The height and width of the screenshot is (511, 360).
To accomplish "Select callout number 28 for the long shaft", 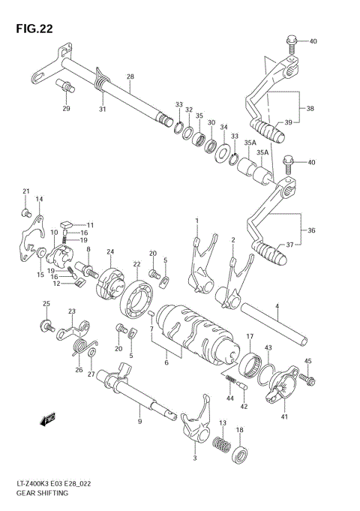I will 130,77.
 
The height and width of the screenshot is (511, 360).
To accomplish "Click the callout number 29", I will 66,109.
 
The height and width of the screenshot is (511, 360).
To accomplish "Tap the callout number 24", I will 109,251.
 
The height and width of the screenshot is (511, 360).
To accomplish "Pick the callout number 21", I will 24,192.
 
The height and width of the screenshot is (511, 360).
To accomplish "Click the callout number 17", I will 250,336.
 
